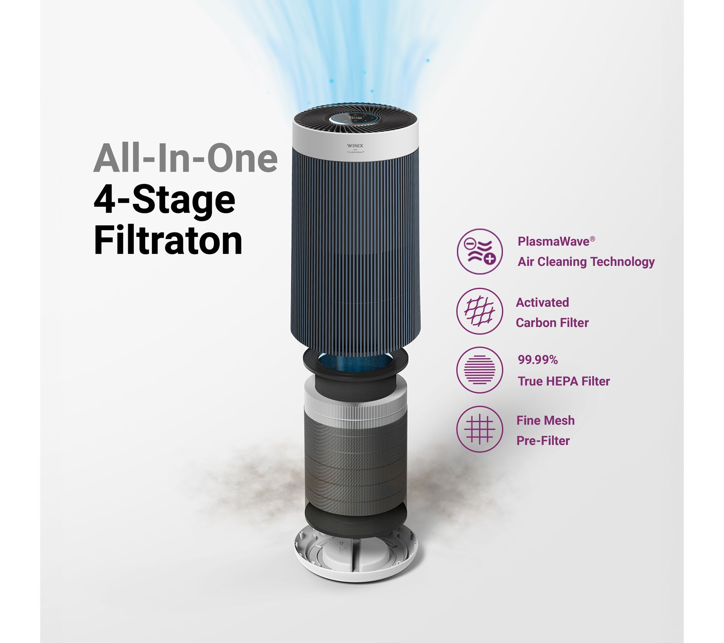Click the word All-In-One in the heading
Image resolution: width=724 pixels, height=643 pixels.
(x=185, y=158)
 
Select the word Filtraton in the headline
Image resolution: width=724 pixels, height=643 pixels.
(x=168, y=240)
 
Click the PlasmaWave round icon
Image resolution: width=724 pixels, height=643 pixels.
(x=479, y=251)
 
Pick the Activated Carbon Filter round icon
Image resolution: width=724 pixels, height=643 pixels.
(x=479, y=311)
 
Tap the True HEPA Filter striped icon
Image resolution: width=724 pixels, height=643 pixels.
(x=479, y=370)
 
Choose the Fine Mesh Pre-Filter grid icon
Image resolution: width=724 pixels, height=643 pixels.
(x=479, y=429)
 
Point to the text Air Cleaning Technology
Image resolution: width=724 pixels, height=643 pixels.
(x=586, y=261)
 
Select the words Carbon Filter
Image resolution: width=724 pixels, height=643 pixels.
(x=552, y=323)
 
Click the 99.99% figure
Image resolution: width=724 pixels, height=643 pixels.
(x=538, y=360)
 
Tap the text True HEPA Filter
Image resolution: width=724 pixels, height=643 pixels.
(x=564, y=381)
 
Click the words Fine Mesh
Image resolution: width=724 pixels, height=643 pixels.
(x=545, y=421)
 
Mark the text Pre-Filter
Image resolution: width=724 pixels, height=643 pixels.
(x=543, y=441)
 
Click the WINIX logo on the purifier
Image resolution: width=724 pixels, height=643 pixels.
(x=355, y=146)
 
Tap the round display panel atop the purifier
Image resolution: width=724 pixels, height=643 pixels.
(x=355, y=118)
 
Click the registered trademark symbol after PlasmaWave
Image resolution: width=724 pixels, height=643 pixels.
(x=592, y=239)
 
